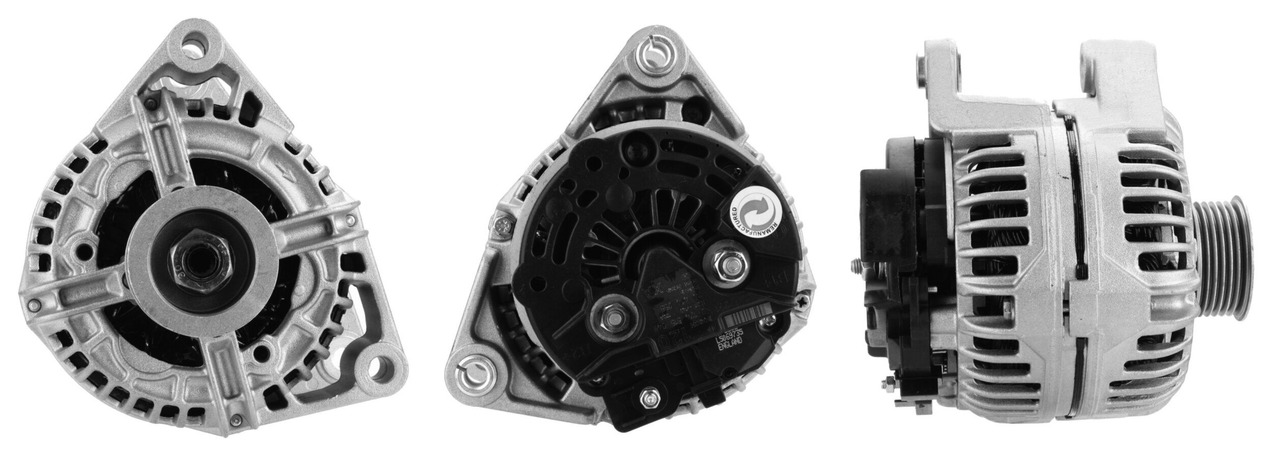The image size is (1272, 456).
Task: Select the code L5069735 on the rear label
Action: [x=730, y=337]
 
